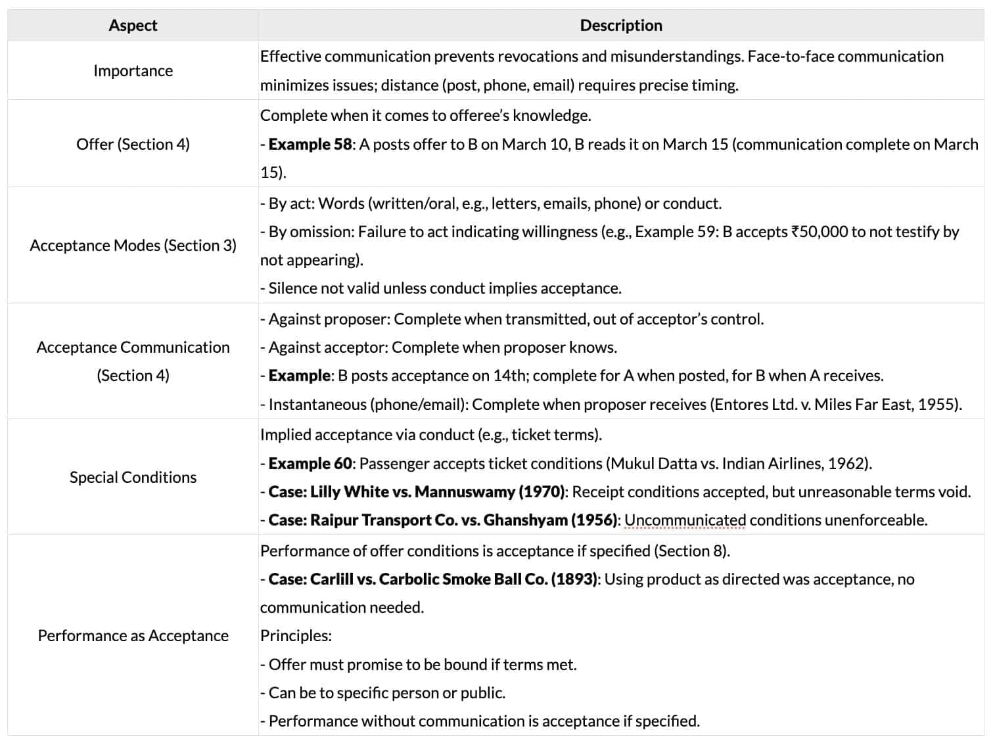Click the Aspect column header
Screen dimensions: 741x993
[133, 26]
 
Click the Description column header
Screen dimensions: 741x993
[621, 26]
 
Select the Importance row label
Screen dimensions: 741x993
[133, 71]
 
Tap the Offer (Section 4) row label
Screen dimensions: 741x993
[133, 144]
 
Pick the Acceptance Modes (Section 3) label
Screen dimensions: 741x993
[133, 246]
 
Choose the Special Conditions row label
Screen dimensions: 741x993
[133, 478]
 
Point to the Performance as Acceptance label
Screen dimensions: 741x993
[133, 636]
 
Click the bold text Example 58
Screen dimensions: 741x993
[310, 145]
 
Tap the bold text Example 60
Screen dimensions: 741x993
[310, 464]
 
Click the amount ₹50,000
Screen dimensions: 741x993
[819, 232]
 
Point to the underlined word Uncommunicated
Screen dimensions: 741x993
[685, 520]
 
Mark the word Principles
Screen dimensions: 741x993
[296, 636]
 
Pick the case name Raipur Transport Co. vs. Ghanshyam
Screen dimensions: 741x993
[439, 520]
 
